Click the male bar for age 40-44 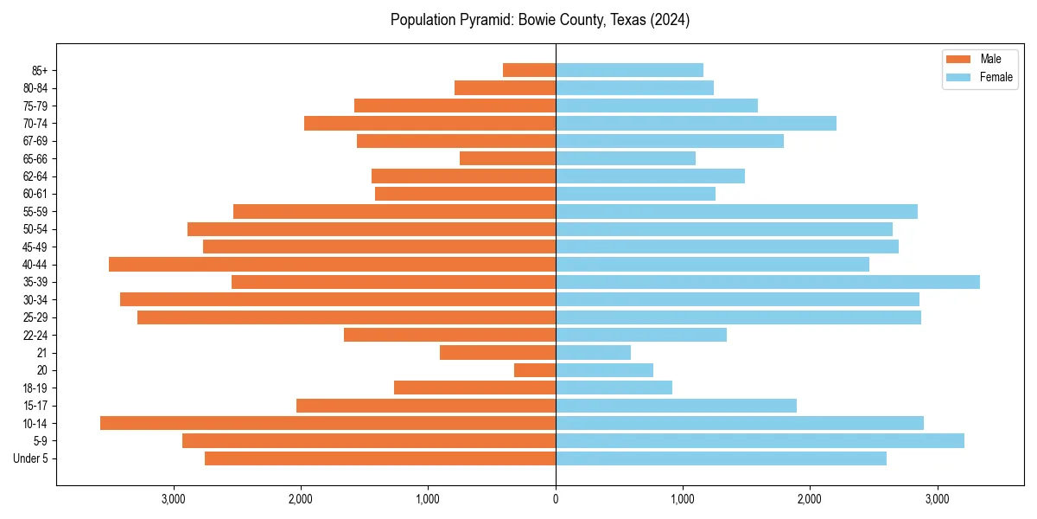pyautogui.click(x=332, y=264)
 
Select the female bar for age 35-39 pyautogui.click(x=767, y=282)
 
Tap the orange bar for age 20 pyautogui.click(x=535, y=370)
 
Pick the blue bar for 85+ pyautogui.click(x=629, y=70)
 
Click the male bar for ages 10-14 pyautogui.click(x=328, y=423)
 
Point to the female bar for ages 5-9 pyautogui.click(x=760, y=440)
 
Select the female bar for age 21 pyautogui.click(x=593, y=352)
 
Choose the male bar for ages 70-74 pyautogui.click(x=429, y=123)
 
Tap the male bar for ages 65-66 pyautogui.click(x=507, y=158)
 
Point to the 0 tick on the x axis pyautogui.click(x=556, y=499)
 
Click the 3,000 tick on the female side pyautogui.click(x=937, y=499)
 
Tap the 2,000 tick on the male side pyautogui.click(x=301, y=499)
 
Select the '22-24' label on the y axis pyautogui.click(x=35, y=335)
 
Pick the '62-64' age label pyautogui.click(x=35, y=176)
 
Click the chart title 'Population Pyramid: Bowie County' pyautogui.click(x=540, y=20)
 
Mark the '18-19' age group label pyautogui.click(x=35, y=388)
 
